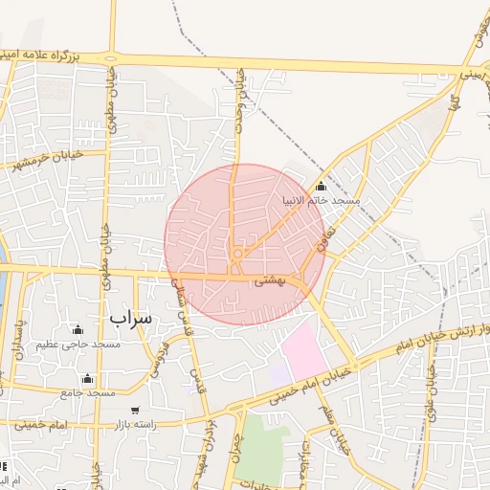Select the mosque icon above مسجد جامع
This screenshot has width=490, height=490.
point(88,378)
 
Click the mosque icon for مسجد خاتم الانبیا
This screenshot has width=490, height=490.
point(320,187)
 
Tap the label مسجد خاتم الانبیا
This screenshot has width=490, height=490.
point(320,201)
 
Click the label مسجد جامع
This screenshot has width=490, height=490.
point(87,392)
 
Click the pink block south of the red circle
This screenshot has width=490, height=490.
point(304,349)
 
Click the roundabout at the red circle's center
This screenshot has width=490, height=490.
point(235,254)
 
